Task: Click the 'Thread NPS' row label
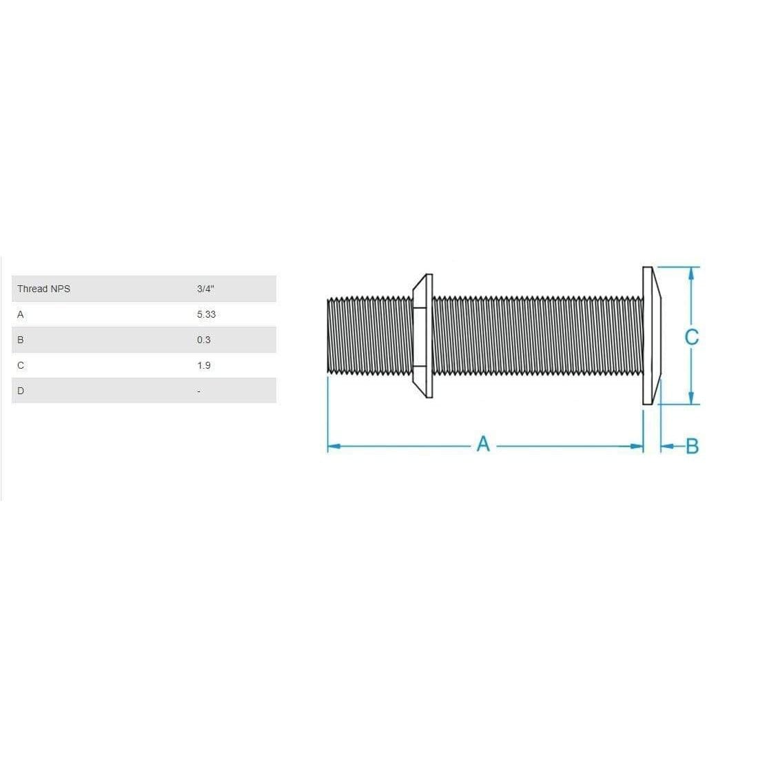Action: [x=43, y=289]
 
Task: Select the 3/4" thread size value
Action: [x=205, y=289]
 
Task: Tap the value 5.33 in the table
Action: [x=206, y=314]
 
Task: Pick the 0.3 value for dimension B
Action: [x=204, y=340]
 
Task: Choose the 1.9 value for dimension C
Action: [x=204, y=365]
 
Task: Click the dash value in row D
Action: [x=198, y=391]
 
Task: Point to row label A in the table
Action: [x=21, y=314]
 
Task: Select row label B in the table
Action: [x=21, y=340]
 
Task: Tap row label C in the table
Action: [x=21, y=365]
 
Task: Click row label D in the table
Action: [x=21, y=391]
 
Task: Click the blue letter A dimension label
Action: [x=483, y=444]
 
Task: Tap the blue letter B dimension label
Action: [x=693, y=447]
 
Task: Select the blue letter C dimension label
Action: [x=692, y=336]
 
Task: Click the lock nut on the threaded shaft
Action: [x=422, y=336]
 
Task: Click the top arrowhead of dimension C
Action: [x=691, y=274]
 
